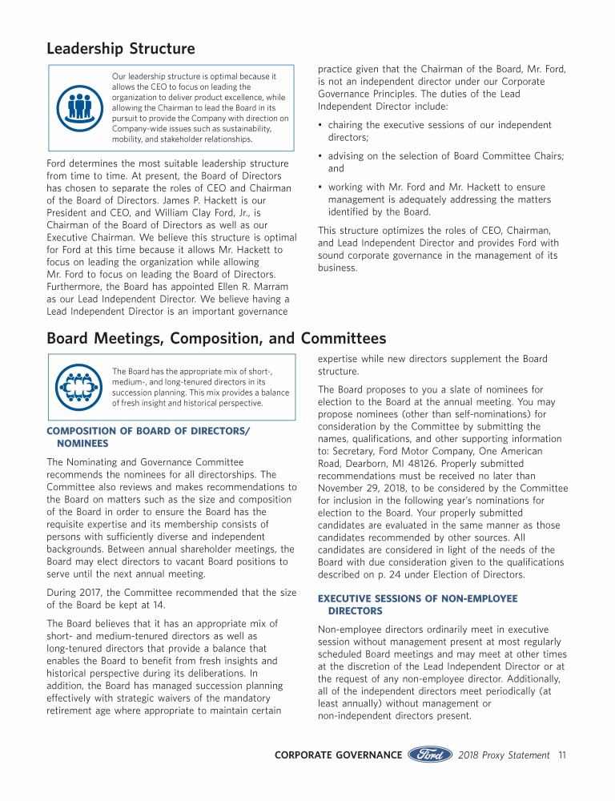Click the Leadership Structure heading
[120, 49]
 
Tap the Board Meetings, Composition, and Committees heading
[216, 339]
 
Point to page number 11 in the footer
[562, 755]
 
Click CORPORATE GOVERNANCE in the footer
[338, 755]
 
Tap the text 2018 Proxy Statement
[504, 755]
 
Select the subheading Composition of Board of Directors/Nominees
[148, 437]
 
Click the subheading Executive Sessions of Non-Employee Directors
[417, 604]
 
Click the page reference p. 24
[404, 562]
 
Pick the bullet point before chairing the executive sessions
[320, 125]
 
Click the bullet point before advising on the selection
[320, 155]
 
